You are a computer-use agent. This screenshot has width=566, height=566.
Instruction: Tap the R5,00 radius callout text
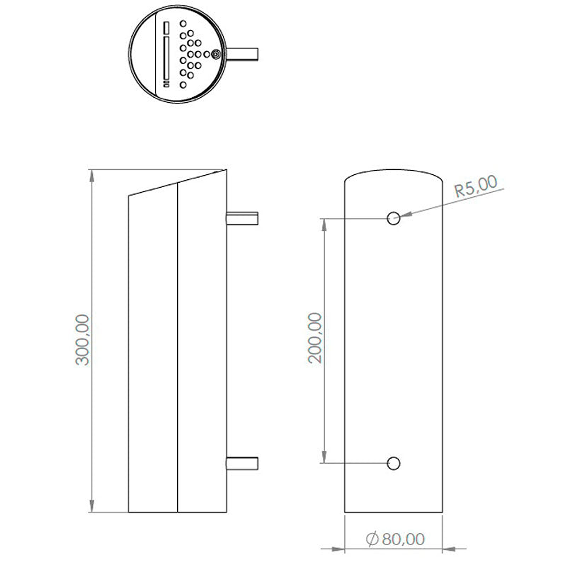476,187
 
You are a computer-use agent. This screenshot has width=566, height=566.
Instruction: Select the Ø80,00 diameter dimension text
396,539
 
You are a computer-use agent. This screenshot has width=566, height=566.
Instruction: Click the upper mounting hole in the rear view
394,218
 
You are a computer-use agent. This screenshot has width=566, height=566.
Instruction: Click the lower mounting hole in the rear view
394,463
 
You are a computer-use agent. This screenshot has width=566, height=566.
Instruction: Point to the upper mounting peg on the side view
242,218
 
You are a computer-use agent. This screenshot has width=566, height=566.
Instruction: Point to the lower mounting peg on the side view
242,463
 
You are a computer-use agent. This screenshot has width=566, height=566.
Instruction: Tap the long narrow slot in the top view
166,58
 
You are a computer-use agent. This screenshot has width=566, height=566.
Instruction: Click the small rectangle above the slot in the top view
166,27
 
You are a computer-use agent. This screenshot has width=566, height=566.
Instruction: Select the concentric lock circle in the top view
216,54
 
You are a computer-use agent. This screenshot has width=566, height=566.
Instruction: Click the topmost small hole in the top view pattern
183,23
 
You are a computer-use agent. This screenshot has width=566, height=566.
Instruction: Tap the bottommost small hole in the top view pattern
183,85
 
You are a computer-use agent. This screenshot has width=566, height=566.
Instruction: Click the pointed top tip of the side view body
226,170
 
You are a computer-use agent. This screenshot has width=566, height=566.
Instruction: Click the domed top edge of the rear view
394,171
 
